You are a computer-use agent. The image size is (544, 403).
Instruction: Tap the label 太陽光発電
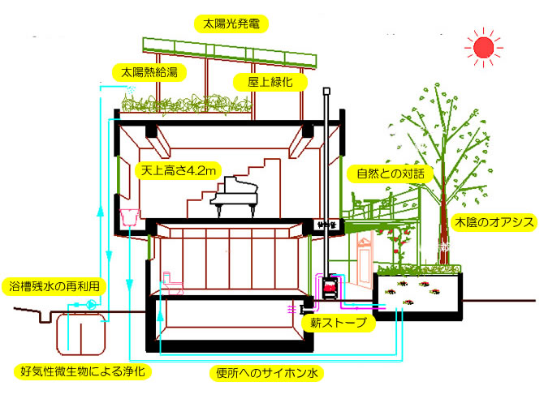[x=231, y=23]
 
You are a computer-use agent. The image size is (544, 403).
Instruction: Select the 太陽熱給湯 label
[x=149, y=71]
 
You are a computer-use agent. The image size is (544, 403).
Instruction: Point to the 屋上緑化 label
[x=259, y=82]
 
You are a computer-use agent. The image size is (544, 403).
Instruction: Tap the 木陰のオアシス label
[x=492, y=221]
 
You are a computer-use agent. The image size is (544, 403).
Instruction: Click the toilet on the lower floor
[x=172, y=281]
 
